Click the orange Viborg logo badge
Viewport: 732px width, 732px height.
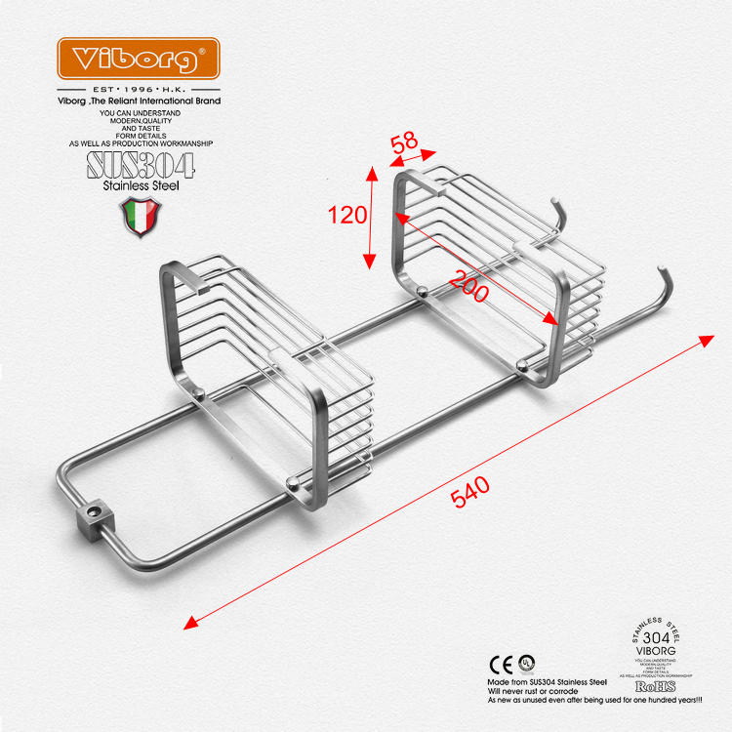138,59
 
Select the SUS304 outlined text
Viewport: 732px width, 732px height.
141,164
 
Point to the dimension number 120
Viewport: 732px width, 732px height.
346,215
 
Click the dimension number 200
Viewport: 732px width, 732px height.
468,285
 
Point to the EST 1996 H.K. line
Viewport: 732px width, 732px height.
138,89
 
